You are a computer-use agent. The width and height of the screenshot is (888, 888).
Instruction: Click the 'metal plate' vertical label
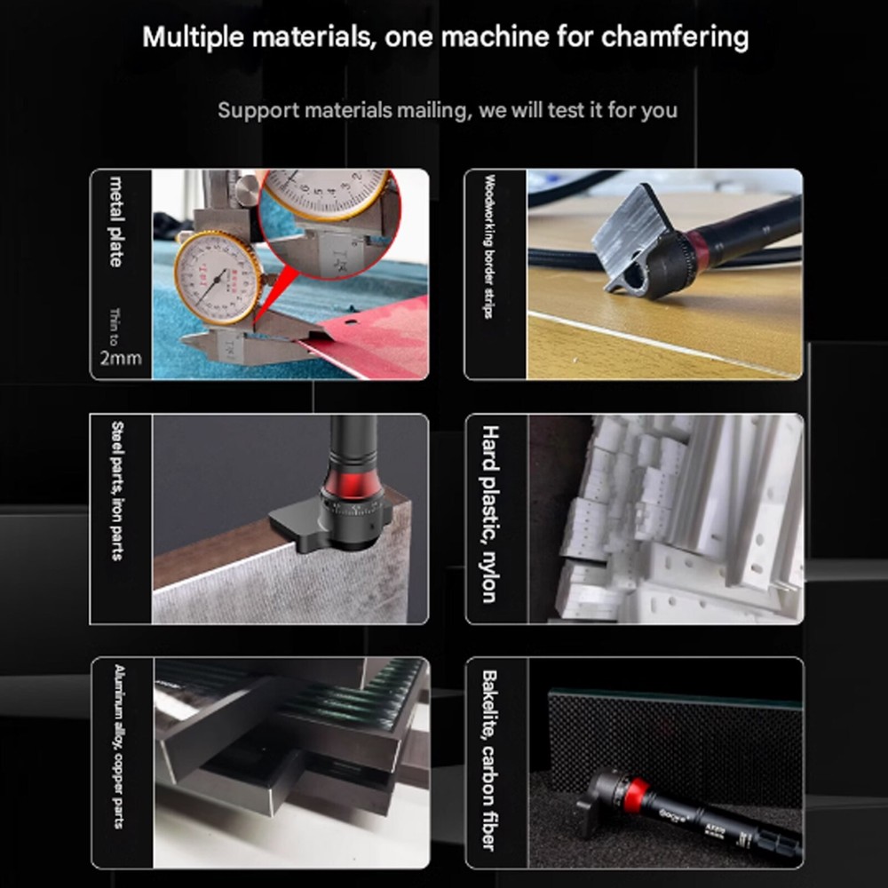click(116, 221)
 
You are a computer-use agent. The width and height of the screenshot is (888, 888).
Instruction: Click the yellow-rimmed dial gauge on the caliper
click(217, 276)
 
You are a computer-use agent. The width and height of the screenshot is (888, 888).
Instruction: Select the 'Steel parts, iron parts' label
click(116, 491)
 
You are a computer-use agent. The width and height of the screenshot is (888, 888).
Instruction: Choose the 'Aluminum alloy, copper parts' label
click(117, 746)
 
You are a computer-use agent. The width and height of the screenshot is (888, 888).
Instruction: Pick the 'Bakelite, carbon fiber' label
click(488, 760)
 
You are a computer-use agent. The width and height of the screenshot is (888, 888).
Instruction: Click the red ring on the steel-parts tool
click(354, 483)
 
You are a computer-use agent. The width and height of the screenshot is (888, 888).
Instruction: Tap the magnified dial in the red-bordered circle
click(329, 194)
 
